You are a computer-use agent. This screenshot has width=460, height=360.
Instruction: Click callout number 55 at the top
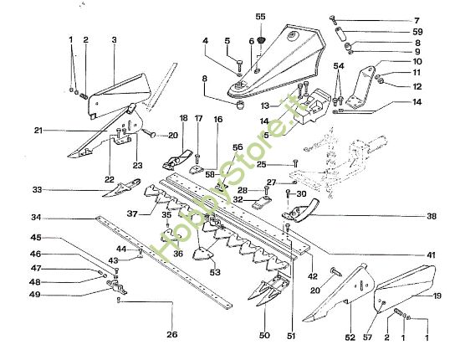pyautogui.click(x=260, y=17)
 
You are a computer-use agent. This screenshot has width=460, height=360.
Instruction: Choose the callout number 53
pyautogui.click(x=216, y=272)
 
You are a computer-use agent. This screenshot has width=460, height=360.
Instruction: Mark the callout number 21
pyautogui.click(x=39, y=131)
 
